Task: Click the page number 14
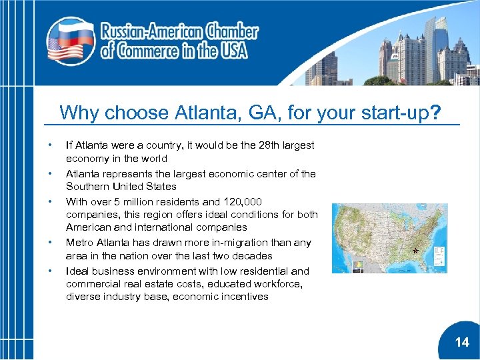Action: point(462,343)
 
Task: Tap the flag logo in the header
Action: point(70,41)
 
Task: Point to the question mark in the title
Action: point(435,113)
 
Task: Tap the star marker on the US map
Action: point(415,251)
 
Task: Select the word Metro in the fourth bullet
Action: point(79,243)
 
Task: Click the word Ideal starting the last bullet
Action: point(77,271)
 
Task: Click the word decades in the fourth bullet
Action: point(253,256)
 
